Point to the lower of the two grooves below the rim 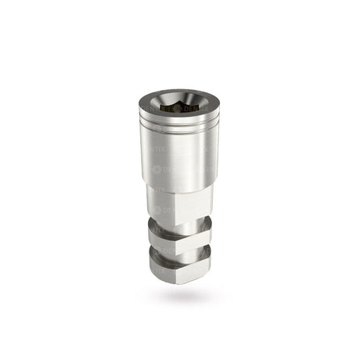179,127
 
